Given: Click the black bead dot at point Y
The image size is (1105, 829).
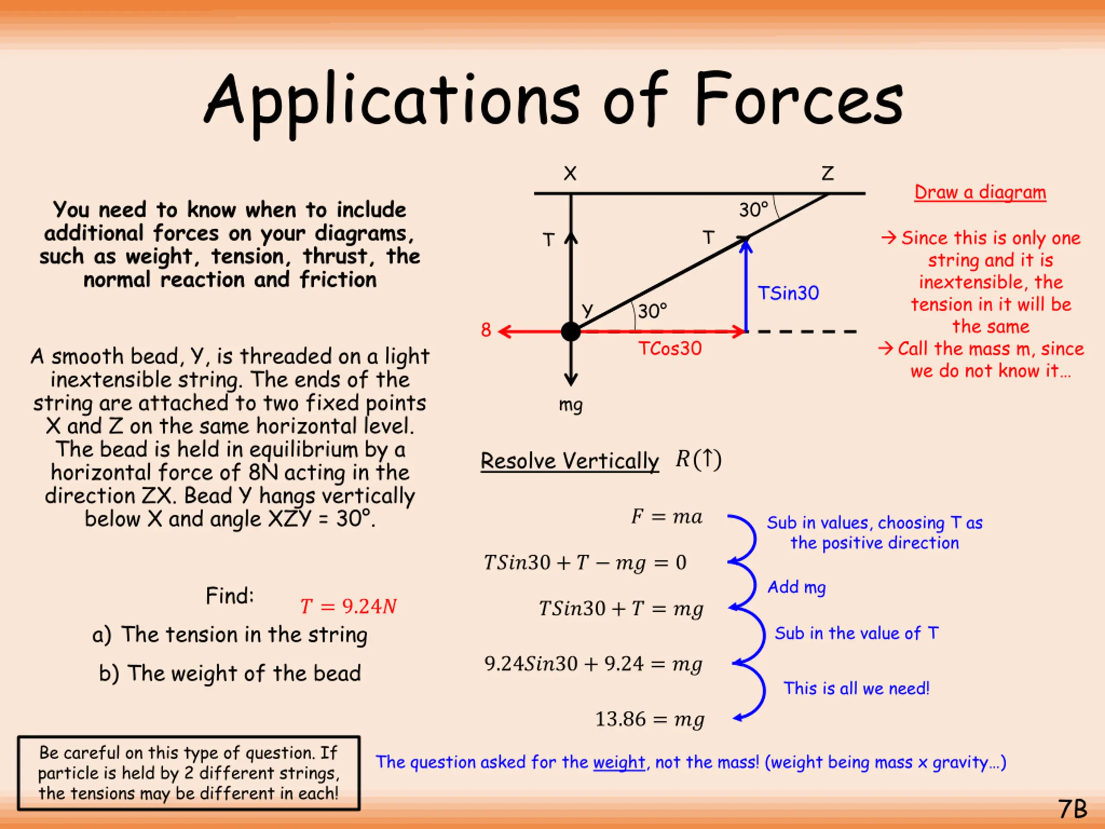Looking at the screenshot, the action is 571,331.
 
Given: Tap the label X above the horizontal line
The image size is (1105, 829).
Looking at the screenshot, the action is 570,174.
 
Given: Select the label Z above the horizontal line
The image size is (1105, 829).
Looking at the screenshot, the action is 828,174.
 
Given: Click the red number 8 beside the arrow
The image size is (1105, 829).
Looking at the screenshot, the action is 486,330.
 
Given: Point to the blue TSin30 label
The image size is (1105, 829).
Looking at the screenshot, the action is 788,293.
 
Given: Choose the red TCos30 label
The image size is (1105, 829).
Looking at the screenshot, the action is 670,348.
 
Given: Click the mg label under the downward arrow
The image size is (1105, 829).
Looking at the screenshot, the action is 571,404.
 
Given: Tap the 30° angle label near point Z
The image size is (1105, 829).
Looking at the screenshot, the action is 754,210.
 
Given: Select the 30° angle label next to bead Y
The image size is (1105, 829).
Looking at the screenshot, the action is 652,311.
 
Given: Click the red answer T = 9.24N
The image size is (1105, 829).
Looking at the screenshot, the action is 348,606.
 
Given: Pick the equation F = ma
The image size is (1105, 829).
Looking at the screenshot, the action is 666,516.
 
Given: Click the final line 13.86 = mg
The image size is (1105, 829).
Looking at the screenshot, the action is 650,719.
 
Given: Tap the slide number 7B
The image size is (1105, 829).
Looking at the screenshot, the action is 1072,809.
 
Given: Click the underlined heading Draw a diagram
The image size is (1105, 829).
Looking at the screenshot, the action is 980,193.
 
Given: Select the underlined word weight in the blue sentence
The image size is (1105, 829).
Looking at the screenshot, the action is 619,762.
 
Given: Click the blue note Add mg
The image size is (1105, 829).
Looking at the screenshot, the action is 797,587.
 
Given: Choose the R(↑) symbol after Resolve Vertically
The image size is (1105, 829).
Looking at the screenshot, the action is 698,459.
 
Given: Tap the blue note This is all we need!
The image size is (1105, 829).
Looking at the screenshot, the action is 856,689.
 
